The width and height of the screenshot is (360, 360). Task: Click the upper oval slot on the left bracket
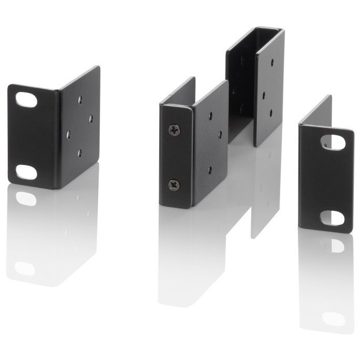[x=26, y=100]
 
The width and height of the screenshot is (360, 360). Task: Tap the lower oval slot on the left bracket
[x=26, y=172]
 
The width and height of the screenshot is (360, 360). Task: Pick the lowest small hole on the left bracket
[x=79, y=153]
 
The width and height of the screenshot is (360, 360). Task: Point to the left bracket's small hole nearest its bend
[x=68, y=135]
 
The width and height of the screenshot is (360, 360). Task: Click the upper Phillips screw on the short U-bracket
[x=174, y=130]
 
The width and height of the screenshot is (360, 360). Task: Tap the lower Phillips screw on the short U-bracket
[x=174, y=184]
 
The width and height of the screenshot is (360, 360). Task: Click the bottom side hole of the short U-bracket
[x=210, y=169]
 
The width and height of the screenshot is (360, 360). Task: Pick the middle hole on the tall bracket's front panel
[x=262, y=96]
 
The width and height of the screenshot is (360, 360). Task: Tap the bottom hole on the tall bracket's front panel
[x=271, y=112]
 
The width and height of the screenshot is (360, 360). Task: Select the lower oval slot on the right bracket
[x=332, y=217]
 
